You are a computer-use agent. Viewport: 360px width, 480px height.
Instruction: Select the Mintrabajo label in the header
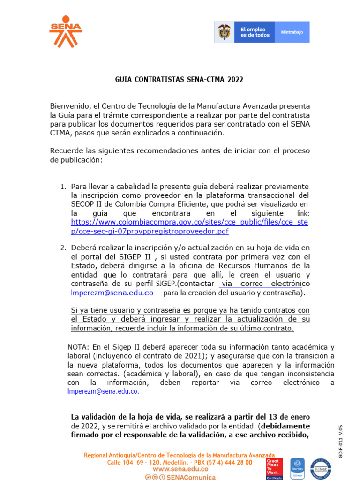pos(292,32)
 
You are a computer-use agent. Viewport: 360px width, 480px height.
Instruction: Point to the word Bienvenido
pos(70,106)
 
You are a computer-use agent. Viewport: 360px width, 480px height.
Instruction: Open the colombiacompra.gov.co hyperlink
pos(189,226)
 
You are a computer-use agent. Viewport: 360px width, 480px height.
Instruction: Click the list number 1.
pos(63,187)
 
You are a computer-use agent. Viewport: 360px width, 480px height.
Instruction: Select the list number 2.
pos(63,247)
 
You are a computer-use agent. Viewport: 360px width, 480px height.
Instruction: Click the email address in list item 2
pos(112,293)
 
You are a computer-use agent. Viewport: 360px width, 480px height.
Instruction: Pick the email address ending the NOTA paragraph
pos(103,392)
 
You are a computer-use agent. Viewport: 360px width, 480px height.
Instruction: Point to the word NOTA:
pos(78,347)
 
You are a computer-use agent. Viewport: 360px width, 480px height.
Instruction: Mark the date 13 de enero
pos(287,417)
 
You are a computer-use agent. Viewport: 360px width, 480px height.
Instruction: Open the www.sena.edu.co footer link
pos(180,469)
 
